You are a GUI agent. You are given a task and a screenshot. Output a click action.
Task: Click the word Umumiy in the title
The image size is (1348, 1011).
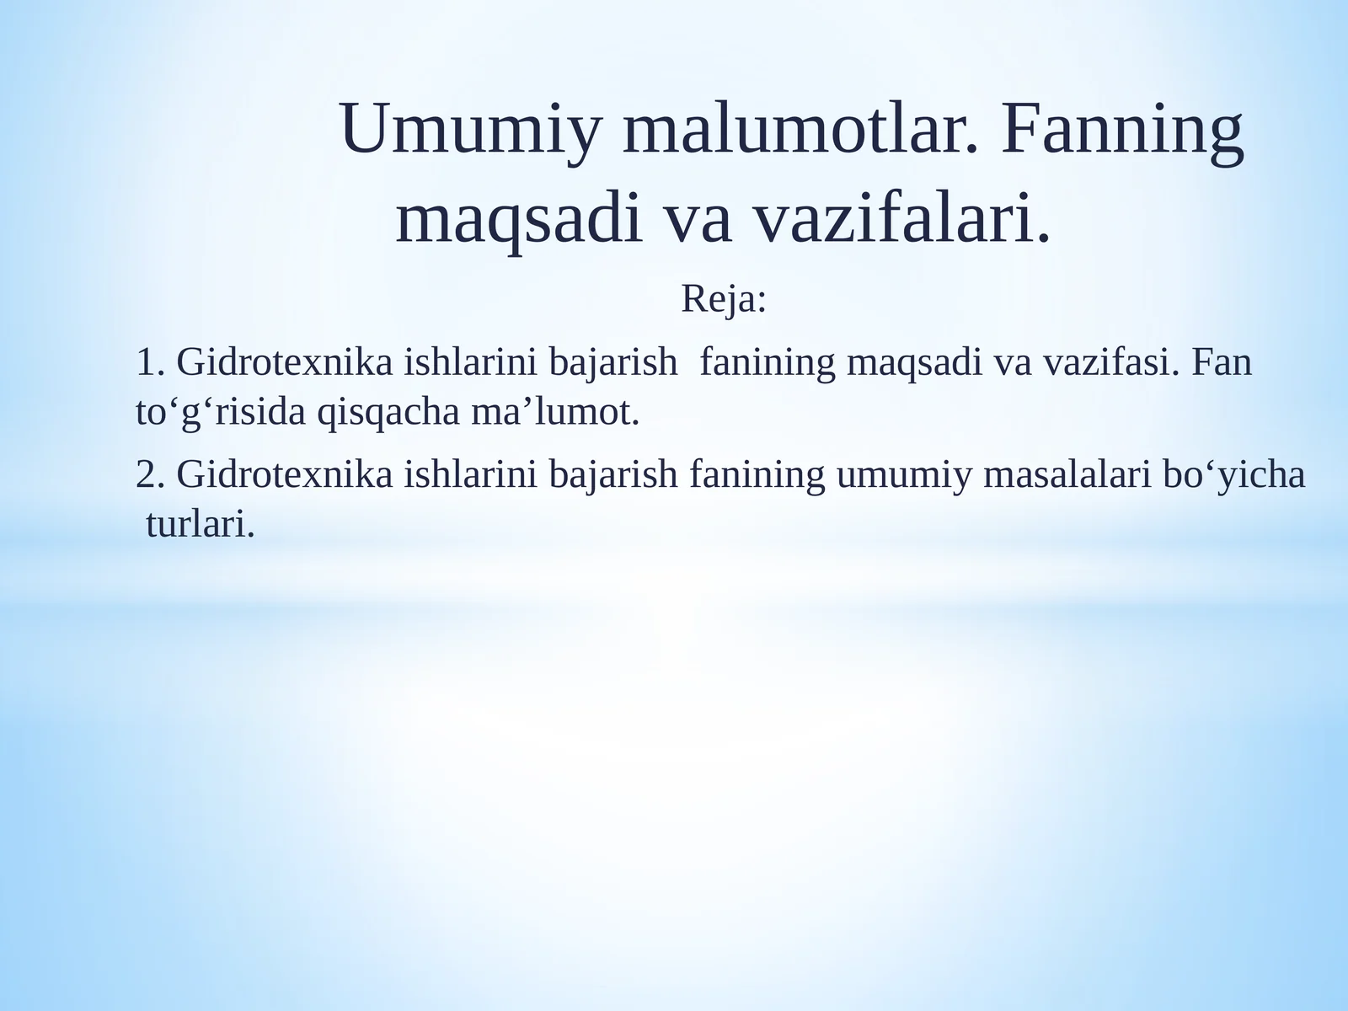[471, 129]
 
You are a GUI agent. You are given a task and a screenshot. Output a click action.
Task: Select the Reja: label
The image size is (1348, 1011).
[723, 299]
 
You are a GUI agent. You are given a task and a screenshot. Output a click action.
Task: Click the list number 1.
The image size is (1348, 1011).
[148, 363]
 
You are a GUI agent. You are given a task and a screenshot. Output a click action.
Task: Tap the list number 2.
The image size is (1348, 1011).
[148, 475]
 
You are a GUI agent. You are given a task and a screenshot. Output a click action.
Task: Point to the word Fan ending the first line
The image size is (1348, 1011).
[1222, 363]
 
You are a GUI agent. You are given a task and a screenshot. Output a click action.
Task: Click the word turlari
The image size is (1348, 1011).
[200, 525]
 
